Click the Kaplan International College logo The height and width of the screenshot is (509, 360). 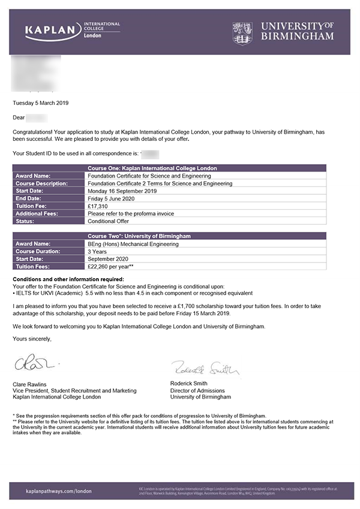72,30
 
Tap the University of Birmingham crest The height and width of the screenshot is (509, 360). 242,31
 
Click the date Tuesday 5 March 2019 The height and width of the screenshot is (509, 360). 40,103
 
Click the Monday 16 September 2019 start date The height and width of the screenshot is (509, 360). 122,191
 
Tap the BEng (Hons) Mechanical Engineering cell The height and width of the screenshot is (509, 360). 133,244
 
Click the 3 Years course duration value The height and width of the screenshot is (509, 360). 98,251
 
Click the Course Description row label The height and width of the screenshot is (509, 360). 41,183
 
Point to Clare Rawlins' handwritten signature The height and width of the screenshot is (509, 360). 36,364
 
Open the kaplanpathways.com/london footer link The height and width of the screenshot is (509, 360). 59,491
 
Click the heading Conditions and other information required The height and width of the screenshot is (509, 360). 68,279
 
